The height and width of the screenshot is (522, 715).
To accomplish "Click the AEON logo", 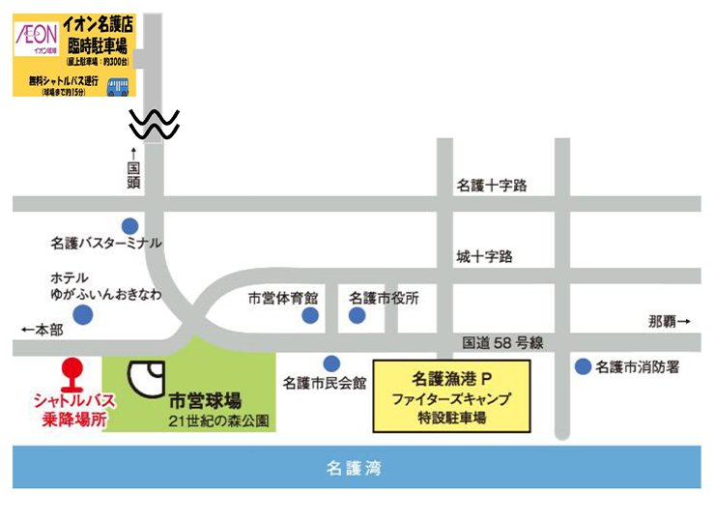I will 37,37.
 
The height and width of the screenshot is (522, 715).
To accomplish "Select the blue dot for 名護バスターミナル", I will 130,225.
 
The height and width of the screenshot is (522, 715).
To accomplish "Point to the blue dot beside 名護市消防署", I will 583,366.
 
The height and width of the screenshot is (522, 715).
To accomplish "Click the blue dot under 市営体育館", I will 309,315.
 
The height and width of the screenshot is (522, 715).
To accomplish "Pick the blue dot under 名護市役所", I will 357,315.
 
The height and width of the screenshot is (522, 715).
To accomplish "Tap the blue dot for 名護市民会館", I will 331,363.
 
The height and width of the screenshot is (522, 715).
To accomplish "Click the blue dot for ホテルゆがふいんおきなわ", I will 85,314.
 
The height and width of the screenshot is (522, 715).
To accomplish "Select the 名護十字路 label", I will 492,185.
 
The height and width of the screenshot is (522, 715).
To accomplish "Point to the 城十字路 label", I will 485,256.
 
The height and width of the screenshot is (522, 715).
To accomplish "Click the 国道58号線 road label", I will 503,341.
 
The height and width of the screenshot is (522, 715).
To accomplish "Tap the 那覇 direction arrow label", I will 670,320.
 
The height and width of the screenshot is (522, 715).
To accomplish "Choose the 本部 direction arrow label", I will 42,330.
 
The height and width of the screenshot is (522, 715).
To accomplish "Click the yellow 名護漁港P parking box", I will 451,396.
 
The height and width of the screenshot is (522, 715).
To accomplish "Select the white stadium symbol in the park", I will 148,378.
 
